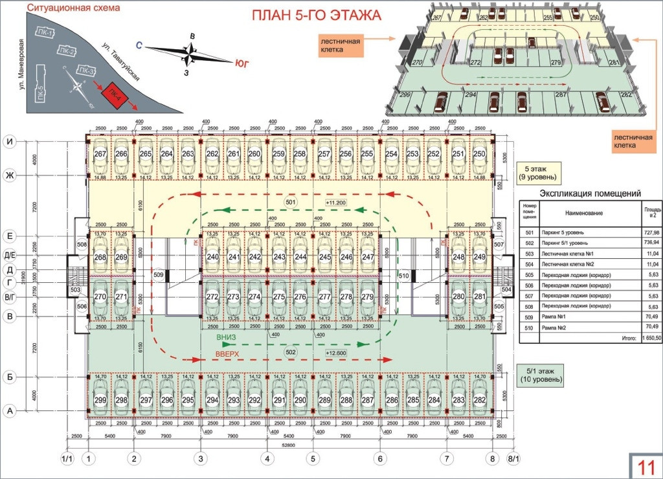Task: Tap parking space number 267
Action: tap(100, 154)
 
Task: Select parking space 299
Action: tap(100, 400)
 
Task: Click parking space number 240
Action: tap(212, 257)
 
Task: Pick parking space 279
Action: tap(368, 297)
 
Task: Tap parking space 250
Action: tap(479, 154)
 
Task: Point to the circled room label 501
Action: tap(290, 202)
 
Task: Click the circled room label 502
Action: tap(290, 351)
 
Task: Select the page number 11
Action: tap(645, 465)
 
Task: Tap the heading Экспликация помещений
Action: tap(590, 193)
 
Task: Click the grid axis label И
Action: tap(10, 141)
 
